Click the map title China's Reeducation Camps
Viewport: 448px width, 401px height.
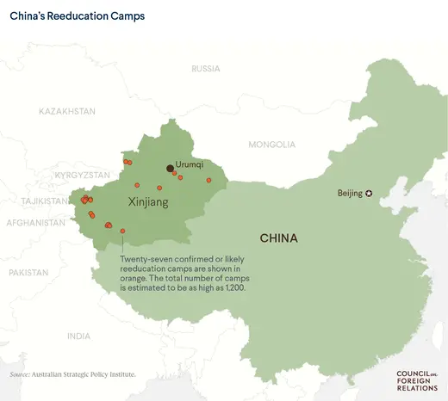(77, 15)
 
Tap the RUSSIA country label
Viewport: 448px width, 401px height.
(206, 68)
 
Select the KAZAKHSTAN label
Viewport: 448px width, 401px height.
(66, 112)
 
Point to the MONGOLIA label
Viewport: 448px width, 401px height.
(271, 145)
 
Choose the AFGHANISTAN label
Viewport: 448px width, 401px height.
(35, 222)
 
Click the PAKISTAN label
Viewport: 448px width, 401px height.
(28, 272)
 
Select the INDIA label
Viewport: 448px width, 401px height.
(78, 336)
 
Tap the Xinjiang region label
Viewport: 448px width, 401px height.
(147, 202)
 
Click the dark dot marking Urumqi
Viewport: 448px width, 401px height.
(170, 169)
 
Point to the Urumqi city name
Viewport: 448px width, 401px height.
(189, 163)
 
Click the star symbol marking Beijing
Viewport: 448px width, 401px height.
(370, 193)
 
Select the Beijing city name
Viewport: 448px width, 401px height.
(350, 193)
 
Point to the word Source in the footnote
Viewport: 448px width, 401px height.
(19, 374)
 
